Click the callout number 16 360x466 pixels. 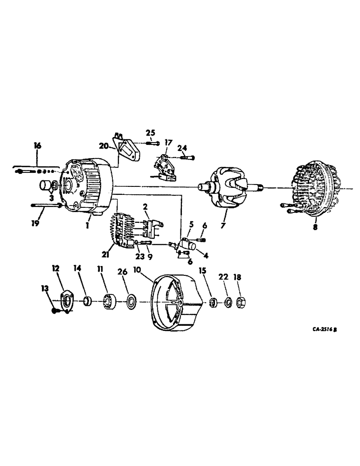(x=38, y=146)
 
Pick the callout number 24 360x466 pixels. (x=183, y=148)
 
